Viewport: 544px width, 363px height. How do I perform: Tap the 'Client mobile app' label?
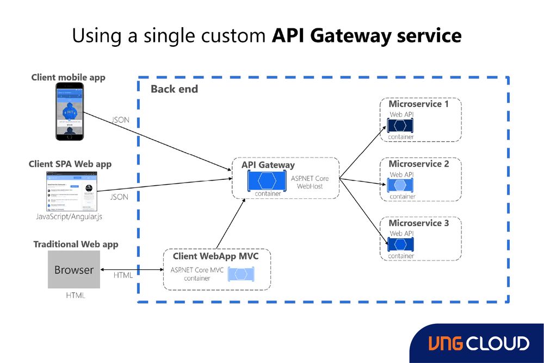(x=68, y=77)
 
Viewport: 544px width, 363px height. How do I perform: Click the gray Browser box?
(x=74, y=270)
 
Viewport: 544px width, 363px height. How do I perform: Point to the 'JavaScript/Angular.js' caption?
(x=69, y=217)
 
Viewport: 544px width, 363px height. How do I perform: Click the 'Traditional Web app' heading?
(x=76, y=244)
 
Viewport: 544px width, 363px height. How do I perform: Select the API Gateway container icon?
(x=267, y=180)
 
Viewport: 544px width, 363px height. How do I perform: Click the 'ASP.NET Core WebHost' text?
(x=310, y=182)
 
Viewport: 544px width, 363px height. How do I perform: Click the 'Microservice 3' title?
(x=418, y=223)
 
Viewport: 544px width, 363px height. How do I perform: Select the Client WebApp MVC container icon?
(x=242, y=274)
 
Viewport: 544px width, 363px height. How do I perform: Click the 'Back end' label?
(x=174, y=89)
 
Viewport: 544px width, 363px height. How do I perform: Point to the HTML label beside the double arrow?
(x=123, y=275)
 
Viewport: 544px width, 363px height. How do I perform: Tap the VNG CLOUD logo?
(x=478, y=343)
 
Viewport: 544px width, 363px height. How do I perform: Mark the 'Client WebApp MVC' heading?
(x=215, y=256)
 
